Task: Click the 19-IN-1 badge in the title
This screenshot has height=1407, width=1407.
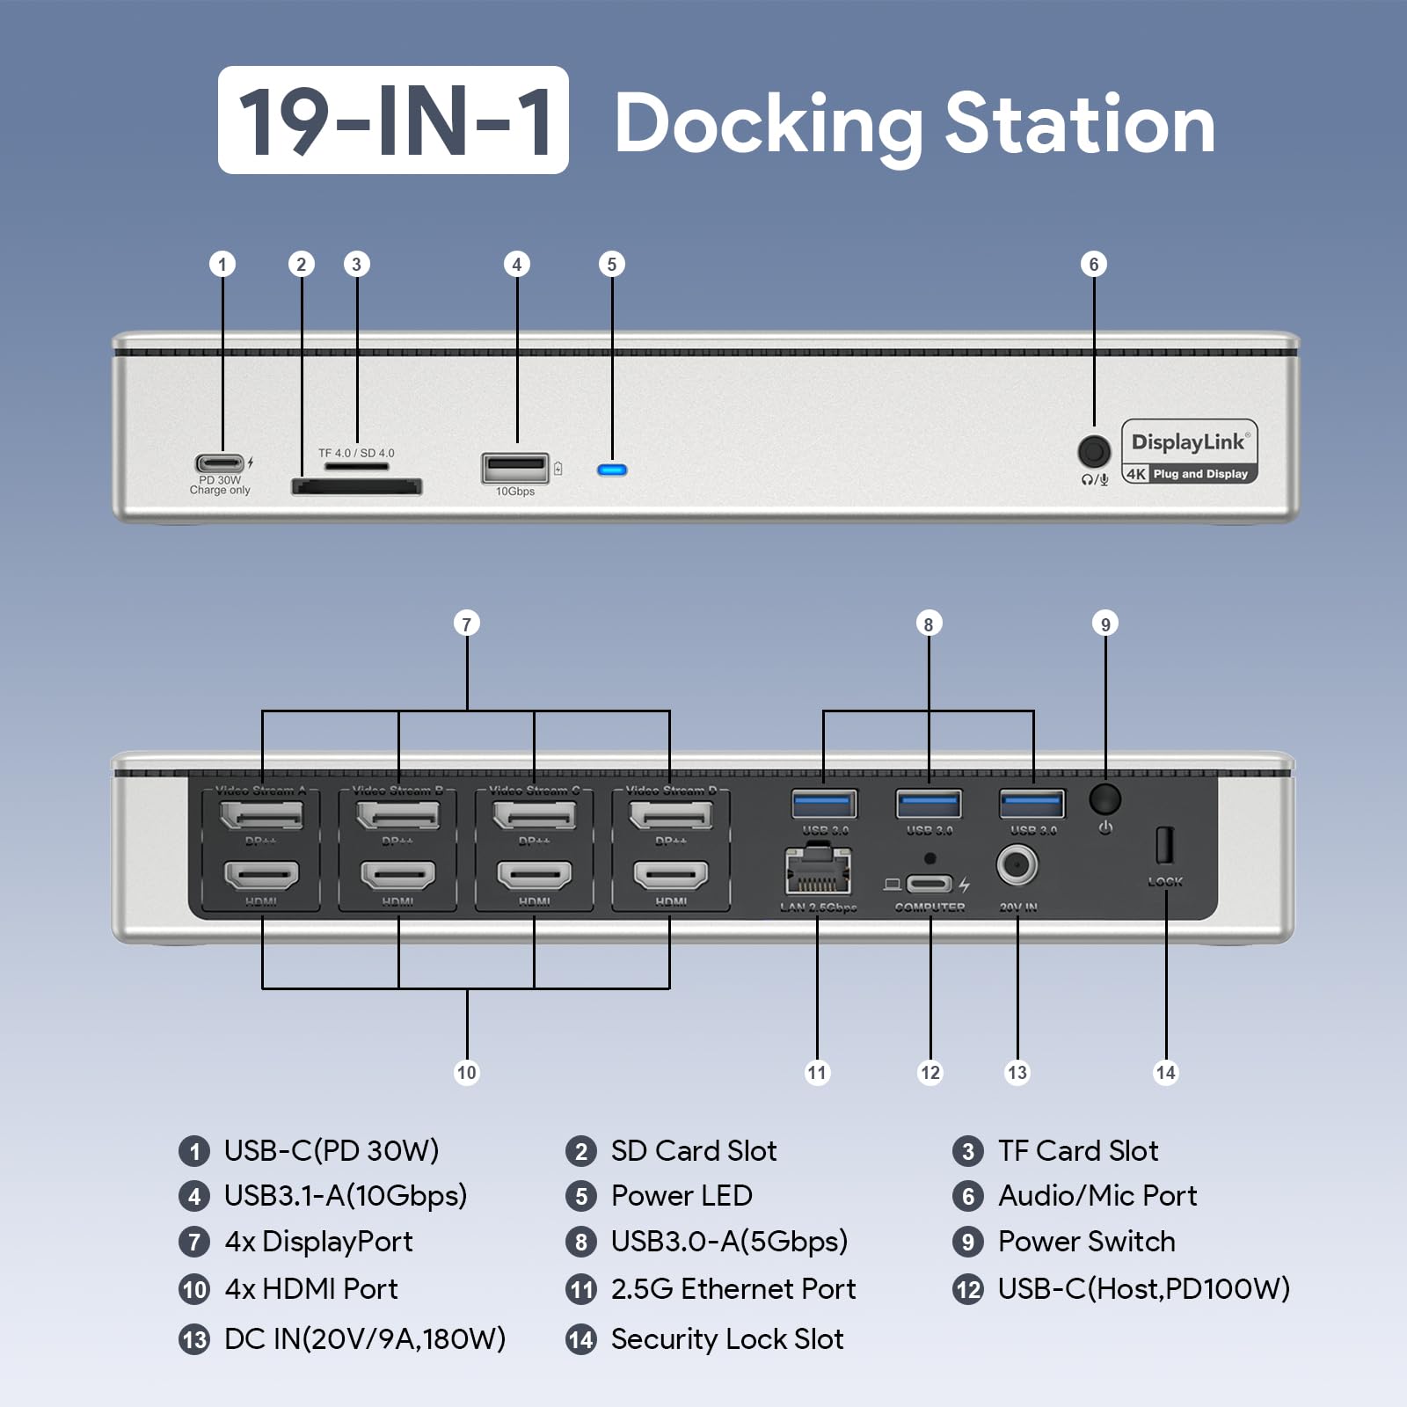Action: [393, 120]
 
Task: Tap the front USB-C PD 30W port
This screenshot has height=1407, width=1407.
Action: [220, 463]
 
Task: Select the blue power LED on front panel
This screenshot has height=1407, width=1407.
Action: [612, 470]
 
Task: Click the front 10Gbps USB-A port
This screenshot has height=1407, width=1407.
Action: [515, 468]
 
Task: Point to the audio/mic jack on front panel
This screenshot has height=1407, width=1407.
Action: [1093, 452]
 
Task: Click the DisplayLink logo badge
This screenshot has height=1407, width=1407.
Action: [1189, 451]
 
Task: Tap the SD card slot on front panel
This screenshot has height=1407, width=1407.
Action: [356, 486]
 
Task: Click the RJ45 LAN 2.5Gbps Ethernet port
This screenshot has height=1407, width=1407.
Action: [818, 871]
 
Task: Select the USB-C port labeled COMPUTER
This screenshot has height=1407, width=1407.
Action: [929, 884]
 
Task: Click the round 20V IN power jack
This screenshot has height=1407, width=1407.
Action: [1017, 866]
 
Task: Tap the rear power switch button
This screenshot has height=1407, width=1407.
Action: [1104, 799]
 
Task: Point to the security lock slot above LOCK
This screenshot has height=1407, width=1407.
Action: [1163, 845]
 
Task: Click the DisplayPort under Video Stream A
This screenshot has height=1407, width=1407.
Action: [262, 816]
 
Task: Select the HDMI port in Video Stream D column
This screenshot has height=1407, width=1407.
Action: [670, 875]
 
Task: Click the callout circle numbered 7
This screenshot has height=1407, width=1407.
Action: [467, 624]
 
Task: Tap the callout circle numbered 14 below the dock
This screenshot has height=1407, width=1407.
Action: [1165, 1072]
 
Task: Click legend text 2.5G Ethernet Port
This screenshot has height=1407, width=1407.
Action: [733, 1289]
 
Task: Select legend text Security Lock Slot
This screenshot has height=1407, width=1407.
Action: [727, 1339]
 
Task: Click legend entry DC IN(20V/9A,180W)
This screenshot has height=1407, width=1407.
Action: [365, 1339]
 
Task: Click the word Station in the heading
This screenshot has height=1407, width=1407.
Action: [1080, 124]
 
